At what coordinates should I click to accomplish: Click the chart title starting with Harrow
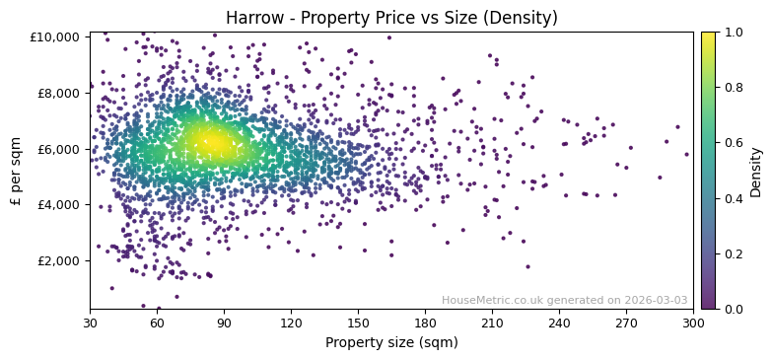pos(391,18)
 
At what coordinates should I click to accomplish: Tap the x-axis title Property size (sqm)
pos(391,342)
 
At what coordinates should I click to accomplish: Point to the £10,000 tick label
pos(54,37)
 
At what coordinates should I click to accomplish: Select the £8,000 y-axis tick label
pos(57,94)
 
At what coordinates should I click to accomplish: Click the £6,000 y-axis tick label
pos(57,149)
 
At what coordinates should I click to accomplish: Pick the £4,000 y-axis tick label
pos(57,205)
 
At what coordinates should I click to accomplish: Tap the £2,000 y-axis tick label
pos(57,261)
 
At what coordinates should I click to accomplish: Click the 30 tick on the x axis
pos(90,323)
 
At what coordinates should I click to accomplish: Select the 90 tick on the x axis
pos(224,323)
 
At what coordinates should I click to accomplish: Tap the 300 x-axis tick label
pos(693,323)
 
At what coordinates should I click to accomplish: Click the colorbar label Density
pos(756,171)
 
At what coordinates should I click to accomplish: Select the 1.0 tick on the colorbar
pos(734,33)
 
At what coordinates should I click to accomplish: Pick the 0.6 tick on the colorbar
pos(734,143)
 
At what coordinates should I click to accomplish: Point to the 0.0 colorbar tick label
pos(734,310)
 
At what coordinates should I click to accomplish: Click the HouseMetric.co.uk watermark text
pos(565,301)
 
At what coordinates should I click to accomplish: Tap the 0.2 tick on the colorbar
pos(734,254)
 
